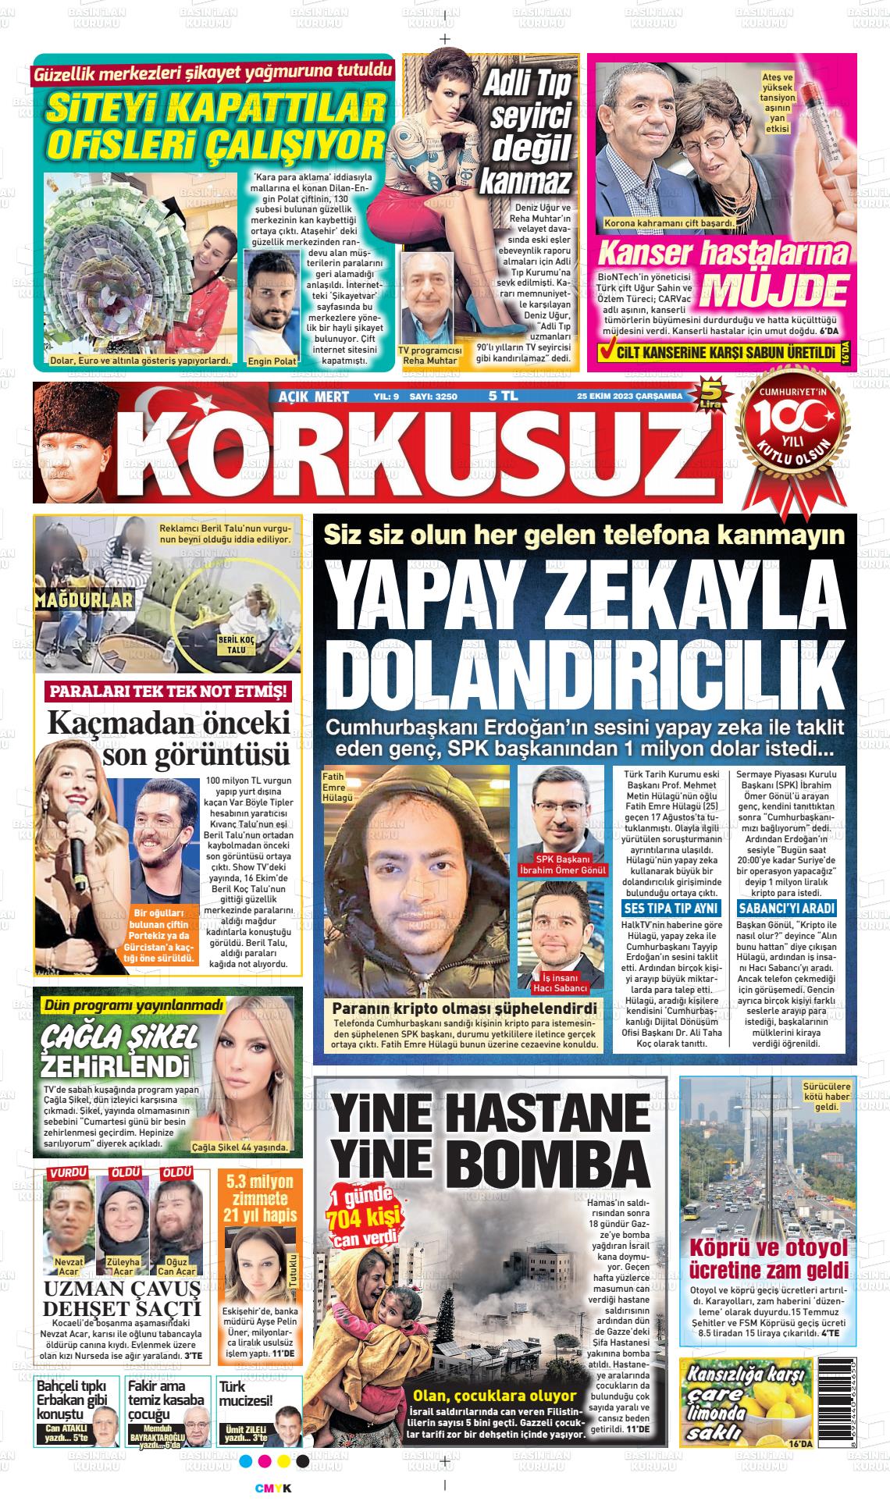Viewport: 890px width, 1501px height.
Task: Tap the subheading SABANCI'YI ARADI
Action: coord(786,909)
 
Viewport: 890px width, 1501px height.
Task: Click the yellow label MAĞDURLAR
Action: coord(84,599)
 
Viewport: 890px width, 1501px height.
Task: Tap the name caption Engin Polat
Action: coord(272,361)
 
